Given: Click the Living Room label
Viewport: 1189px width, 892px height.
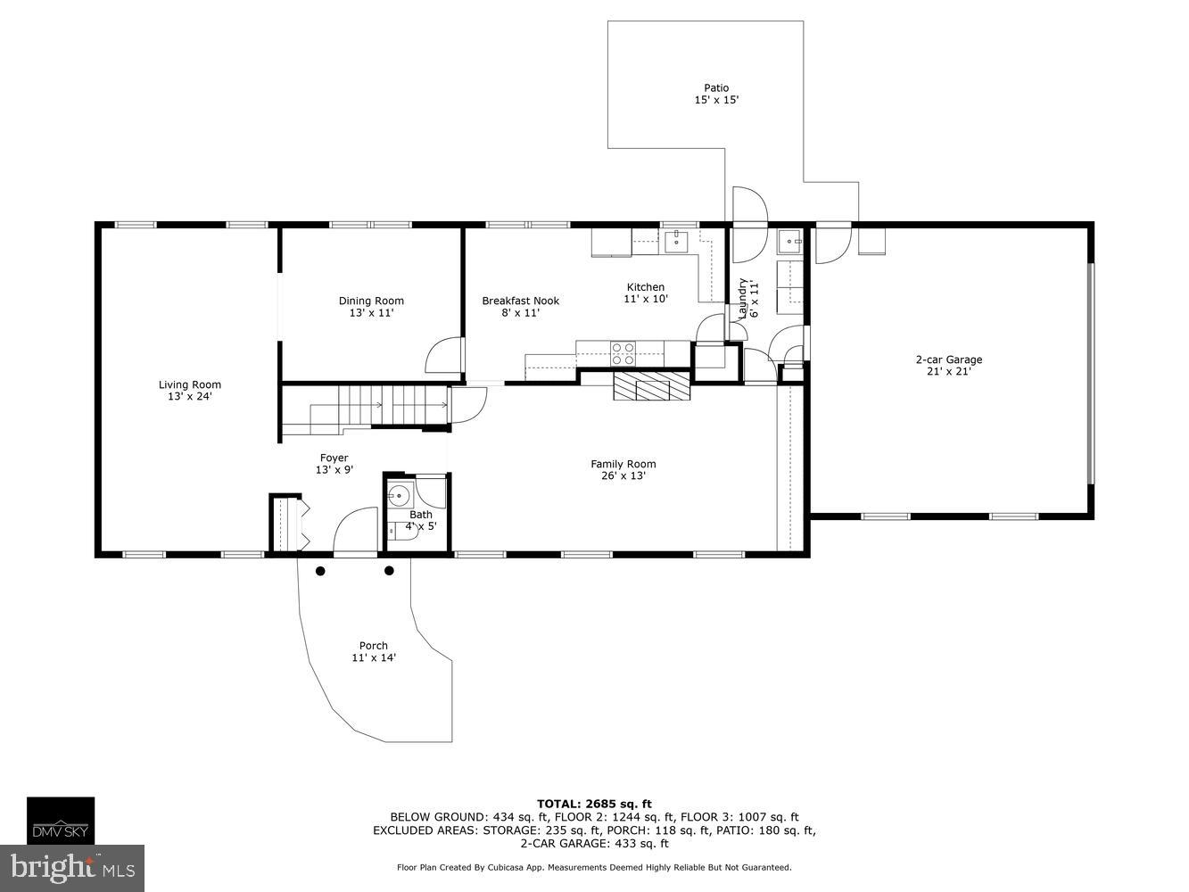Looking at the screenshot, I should coord(189,384).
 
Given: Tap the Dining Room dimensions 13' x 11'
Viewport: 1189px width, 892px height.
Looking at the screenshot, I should coord(371,313).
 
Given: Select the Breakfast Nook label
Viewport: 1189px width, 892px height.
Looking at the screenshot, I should coord(520,301).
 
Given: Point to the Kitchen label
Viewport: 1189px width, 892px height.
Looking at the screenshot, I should coord(645,287).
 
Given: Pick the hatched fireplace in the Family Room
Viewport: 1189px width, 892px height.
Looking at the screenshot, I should coord(651,388).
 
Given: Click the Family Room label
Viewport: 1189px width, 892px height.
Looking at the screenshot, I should coord(623,464).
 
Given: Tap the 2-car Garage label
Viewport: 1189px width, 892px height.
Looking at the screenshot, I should coord(948,360).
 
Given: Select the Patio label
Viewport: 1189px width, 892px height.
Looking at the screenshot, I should coord(716,87).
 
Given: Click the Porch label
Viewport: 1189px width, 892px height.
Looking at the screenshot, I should coord(373,646).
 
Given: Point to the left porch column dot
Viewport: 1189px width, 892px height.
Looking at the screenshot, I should coord(320,571).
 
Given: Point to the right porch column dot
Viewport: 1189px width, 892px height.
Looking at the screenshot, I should coord(389,571).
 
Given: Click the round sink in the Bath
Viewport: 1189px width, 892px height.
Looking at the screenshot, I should coord(400,493).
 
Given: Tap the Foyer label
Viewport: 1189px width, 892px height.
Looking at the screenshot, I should coord(334,458).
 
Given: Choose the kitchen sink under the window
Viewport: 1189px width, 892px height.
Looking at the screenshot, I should coord(677,239).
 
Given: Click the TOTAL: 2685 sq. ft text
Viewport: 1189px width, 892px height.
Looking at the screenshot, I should coord(594,804).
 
